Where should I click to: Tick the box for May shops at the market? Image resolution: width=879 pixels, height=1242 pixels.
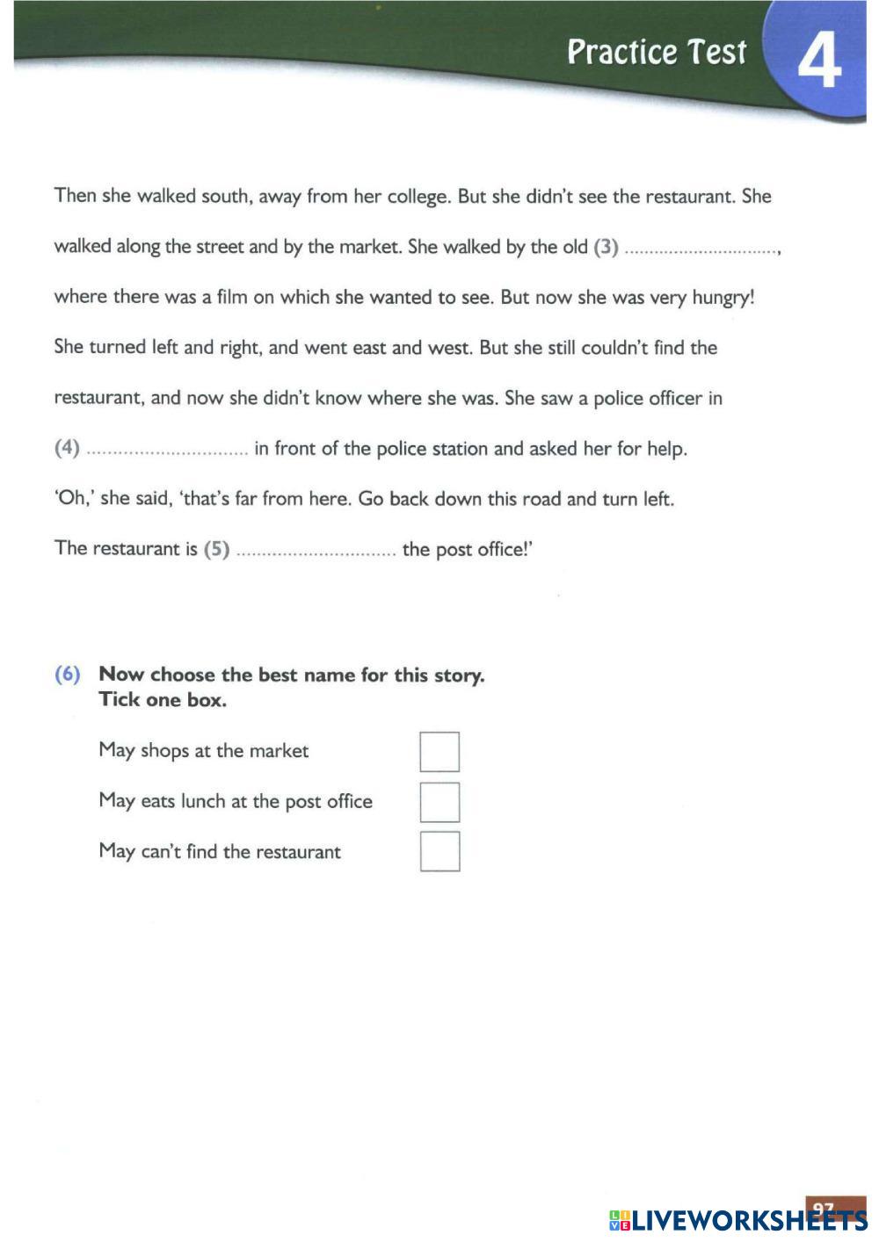pyautogui.click(x=439, y=752)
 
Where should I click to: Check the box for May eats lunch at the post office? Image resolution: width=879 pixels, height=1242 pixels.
pyautogui.click(x=439, y=802)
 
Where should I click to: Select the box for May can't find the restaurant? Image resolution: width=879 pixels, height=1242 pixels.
pyautogui.click(x=439, y=851)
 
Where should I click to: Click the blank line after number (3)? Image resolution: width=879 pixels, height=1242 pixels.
pyautogui.click(x=701, y=249)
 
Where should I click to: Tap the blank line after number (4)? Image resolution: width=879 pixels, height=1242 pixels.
pyautogui.click(x=167, y=451)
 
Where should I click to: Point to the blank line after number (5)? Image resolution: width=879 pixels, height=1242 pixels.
pyautogui.click(x=316, y=552)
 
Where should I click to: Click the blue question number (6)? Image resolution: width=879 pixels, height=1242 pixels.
pyautogui.click(x=68, y=675)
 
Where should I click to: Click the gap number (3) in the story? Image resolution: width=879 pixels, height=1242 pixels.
pyautogui.click(x=607, y=247)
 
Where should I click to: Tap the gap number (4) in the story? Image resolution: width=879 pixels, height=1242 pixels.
pyautogui.click(x=68, y=448)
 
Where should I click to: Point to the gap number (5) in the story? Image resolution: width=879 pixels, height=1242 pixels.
pyautogui.click(x=216, y=549)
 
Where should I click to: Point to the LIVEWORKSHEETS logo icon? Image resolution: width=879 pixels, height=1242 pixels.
pyautogui.click(x=620, y=1219)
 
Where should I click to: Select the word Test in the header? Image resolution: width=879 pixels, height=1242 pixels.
pyautogui.click(x=716, y=52)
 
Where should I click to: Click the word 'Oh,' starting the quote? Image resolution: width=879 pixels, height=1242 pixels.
pyautogui.click(x=73, y=499)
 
